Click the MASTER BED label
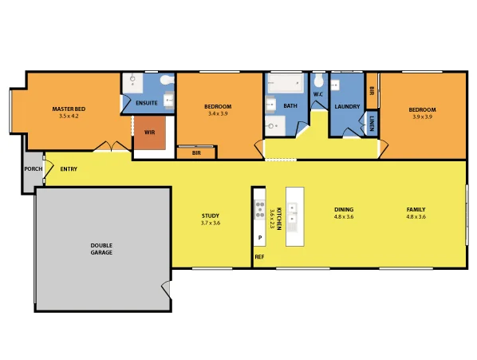coord(69,109)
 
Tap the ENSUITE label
coord(147,103)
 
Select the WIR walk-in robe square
coord(149,133)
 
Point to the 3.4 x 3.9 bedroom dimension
coord(218,114)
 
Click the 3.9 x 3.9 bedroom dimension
coord(422,117)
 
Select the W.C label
coord(317,94)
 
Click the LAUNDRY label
coord(348,106)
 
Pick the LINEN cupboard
coord(373,122)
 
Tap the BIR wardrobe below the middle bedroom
coord(196,152)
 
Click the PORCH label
coord(33,169)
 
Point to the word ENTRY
coord(69,168)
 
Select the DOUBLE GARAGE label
coord(101,248)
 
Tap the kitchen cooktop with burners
coord(259,210)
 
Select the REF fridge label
coord(259,257)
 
